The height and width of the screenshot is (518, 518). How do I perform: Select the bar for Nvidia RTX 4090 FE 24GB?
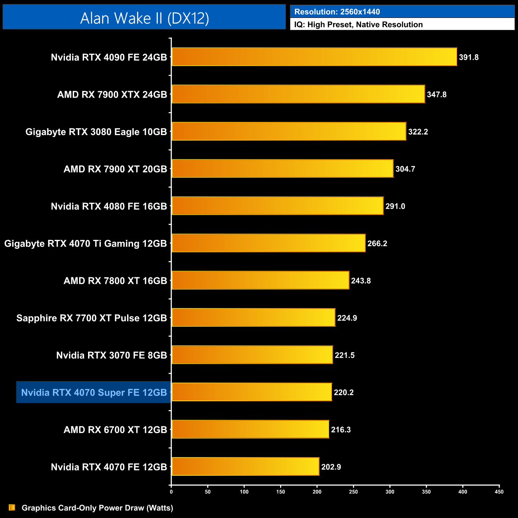[x=314, y=57]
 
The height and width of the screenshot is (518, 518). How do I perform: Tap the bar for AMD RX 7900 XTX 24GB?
[x=298, y=94]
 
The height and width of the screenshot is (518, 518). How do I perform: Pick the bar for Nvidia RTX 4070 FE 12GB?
[x=245, y=467]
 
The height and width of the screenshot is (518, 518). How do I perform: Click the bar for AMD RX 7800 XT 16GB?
[x=260, y=281]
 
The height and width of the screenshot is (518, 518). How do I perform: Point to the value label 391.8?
[x=469, y=57]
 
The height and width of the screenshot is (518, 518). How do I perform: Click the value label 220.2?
[x=343, y=392]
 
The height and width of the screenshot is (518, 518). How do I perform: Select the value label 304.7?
[x=405, y=169]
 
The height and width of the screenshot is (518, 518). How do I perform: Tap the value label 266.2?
[x=377, y=243]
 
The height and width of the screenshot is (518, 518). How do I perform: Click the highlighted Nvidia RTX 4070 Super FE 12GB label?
[x=94, y=392]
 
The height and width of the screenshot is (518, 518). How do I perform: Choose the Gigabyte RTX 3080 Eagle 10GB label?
[x=96, y=132]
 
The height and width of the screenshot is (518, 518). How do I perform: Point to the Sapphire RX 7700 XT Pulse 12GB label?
[x=92, y=318]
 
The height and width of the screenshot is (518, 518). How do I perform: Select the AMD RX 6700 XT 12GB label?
[x=115, y=430]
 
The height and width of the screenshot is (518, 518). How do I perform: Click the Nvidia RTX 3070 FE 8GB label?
[x=112, y=355]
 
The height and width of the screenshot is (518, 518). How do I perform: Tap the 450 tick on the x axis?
[x=499, y=492]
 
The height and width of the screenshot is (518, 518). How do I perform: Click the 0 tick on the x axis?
[x=171, y=492]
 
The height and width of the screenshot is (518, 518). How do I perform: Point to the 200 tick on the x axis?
[x=317, y=492]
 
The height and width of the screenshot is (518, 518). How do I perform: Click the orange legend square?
[x=12, y=508]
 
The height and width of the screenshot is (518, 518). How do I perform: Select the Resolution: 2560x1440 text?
[x=337, y=12]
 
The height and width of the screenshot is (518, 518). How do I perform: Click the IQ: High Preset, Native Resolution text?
[x=358, y=25]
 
